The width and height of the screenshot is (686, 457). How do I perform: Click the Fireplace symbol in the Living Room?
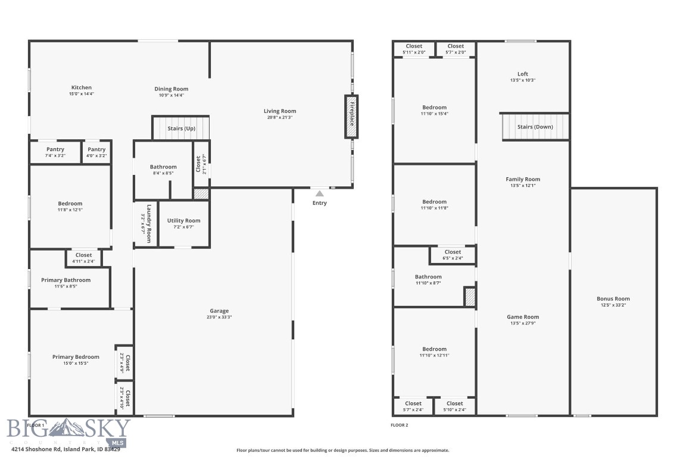(351, 117)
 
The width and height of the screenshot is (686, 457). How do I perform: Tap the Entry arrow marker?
(320, 193)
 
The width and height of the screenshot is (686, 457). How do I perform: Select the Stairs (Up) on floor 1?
(181, 129)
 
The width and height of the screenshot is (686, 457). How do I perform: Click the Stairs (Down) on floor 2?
(535, 127)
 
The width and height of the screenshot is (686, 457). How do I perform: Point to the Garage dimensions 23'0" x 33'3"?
(219, 317)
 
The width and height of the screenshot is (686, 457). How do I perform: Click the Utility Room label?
(183, 221)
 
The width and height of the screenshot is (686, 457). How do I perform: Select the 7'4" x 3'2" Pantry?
(55, 152)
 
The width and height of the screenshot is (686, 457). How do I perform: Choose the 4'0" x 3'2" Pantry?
(96, 152)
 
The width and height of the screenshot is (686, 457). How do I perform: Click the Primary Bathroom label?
(66, 280)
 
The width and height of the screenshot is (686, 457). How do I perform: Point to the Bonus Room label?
(613, 299)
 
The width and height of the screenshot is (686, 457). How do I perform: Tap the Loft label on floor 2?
(522, 74)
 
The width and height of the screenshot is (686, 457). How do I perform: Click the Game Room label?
(522, 317)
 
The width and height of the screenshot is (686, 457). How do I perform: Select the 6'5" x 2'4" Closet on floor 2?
(453, 255)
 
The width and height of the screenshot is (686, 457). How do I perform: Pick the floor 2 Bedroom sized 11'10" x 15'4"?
(434, 110)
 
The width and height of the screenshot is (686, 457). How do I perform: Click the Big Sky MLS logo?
(68, 431)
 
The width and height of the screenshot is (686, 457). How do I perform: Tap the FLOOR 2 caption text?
(399, 425)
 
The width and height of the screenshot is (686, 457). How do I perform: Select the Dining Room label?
(171, 89)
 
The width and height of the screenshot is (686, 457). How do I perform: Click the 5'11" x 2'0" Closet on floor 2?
(414, 49)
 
